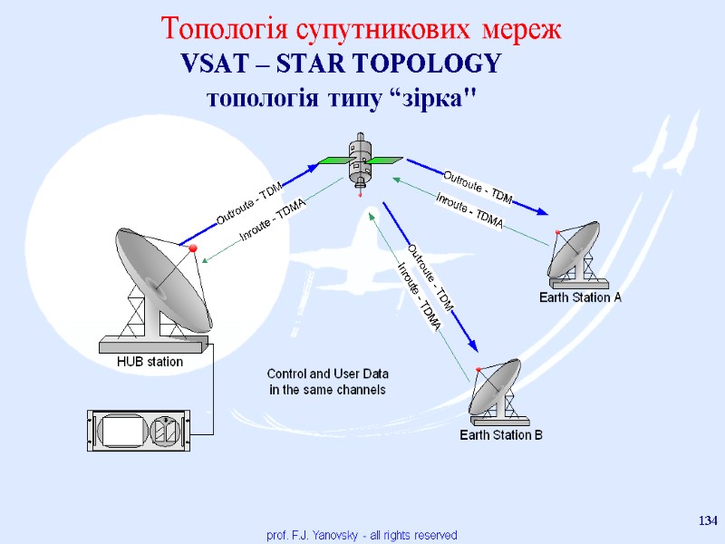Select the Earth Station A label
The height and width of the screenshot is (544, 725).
pyautogui.click(x=580, y=297)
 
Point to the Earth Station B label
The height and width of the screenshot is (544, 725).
pyautogui.click(x=500, y=435)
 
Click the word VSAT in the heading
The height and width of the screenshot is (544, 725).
pyautogui.click(x=209, y=64)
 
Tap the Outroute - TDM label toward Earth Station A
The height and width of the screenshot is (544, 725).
pyautogui.click(x=478, y=186)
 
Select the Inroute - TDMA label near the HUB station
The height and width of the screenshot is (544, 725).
pyautogui.click(x=272, y=221)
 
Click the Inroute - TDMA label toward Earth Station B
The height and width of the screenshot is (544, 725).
pyautogui.click(x=419, y=295)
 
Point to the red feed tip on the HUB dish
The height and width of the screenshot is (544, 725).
pyautogui.click(x=192, y=248)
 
